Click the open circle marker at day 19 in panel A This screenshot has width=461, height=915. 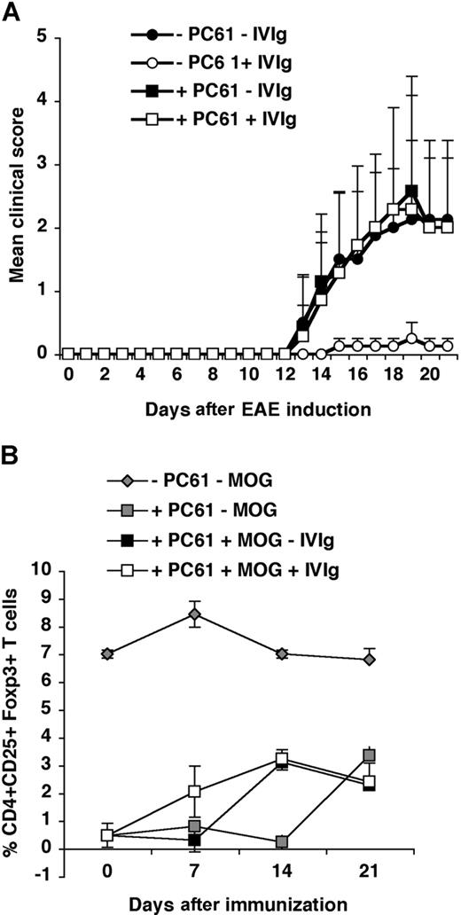point(411,339)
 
